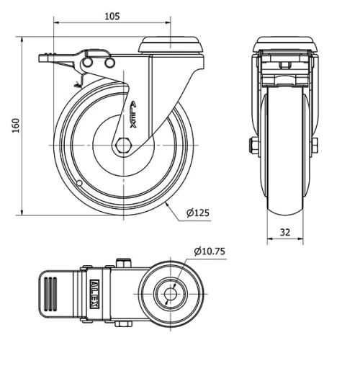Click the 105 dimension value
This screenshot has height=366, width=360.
(111, 15)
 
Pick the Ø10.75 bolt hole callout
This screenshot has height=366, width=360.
(210, 251)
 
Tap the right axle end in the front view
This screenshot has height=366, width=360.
(315, 146)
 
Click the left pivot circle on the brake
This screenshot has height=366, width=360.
(89, 64)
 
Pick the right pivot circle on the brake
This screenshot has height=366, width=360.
(109, 64)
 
